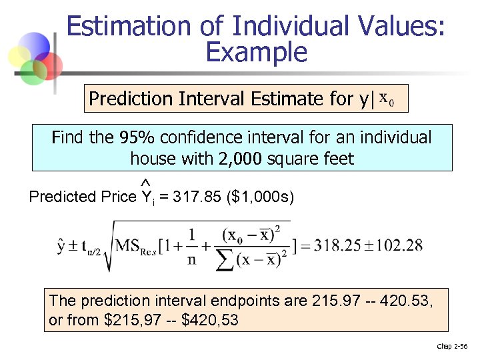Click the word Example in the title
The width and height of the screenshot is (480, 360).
click(257, 51)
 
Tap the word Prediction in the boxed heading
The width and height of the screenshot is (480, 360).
click(131, 99)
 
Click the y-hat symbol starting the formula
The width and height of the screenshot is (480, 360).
click(62, 245)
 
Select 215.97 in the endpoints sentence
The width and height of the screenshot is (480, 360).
click(332, 301)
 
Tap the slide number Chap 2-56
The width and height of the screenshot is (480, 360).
click(453, 346)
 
